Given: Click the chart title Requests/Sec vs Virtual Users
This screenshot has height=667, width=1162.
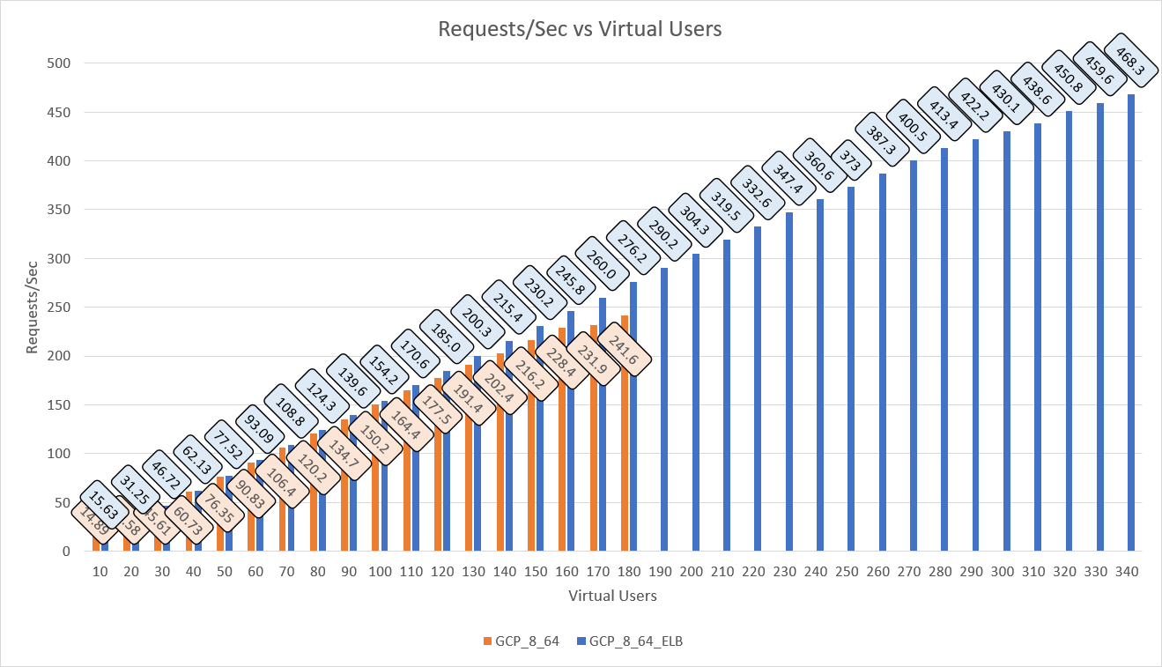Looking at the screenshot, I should (580, 29).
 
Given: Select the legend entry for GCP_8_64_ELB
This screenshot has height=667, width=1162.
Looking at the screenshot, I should (635, 641).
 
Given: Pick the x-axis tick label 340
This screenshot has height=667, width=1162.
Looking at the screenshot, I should (1127, 572).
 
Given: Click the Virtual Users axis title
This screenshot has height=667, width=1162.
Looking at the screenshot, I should (612, 596).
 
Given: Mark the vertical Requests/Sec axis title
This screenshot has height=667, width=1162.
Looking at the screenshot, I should (33, 307).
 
